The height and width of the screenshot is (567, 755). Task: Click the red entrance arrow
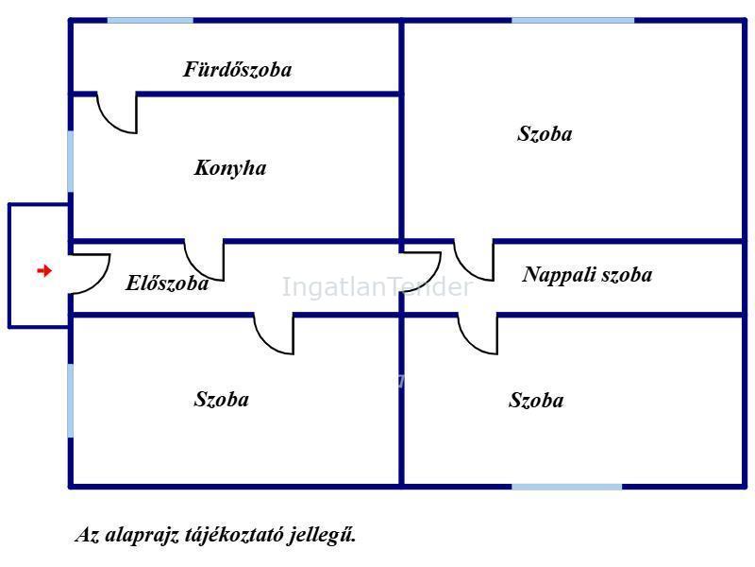click(x=44, y=270)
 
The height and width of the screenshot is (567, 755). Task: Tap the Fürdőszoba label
click(x=238, y=69)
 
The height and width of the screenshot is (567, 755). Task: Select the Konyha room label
click(x=230, y=168)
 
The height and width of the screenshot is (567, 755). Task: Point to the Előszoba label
click(x=167, y=283)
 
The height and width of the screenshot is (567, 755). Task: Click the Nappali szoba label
click(x=587, y=275)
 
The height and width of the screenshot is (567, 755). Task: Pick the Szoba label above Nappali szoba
click(x=545, y=133)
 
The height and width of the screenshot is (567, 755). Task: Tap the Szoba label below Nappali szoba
click(x=536, y=400)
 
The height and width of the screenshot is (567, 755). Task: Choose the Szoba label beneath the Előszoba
click(x=222, y=399)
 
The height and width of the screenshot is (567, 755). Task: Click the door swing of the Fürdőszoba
click(x=112, y=121)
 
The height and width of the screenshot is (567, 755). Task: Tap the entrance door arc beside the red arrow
click(x=100, y=282)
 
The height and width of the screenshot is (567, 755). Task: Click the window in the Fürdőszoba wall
click(x=150, y=20)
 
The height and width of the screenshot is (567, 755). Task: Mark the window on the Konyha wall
click(x=71, y=161)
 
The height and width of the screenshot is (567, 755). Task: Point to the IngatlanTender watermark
click(x=377, y=287)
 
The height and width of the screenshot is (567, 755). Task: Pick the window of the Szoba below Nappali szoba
click(x=567, y=487)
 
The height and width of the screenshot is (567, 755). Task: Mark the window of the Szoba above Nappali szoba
click(x=573, y=20)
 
